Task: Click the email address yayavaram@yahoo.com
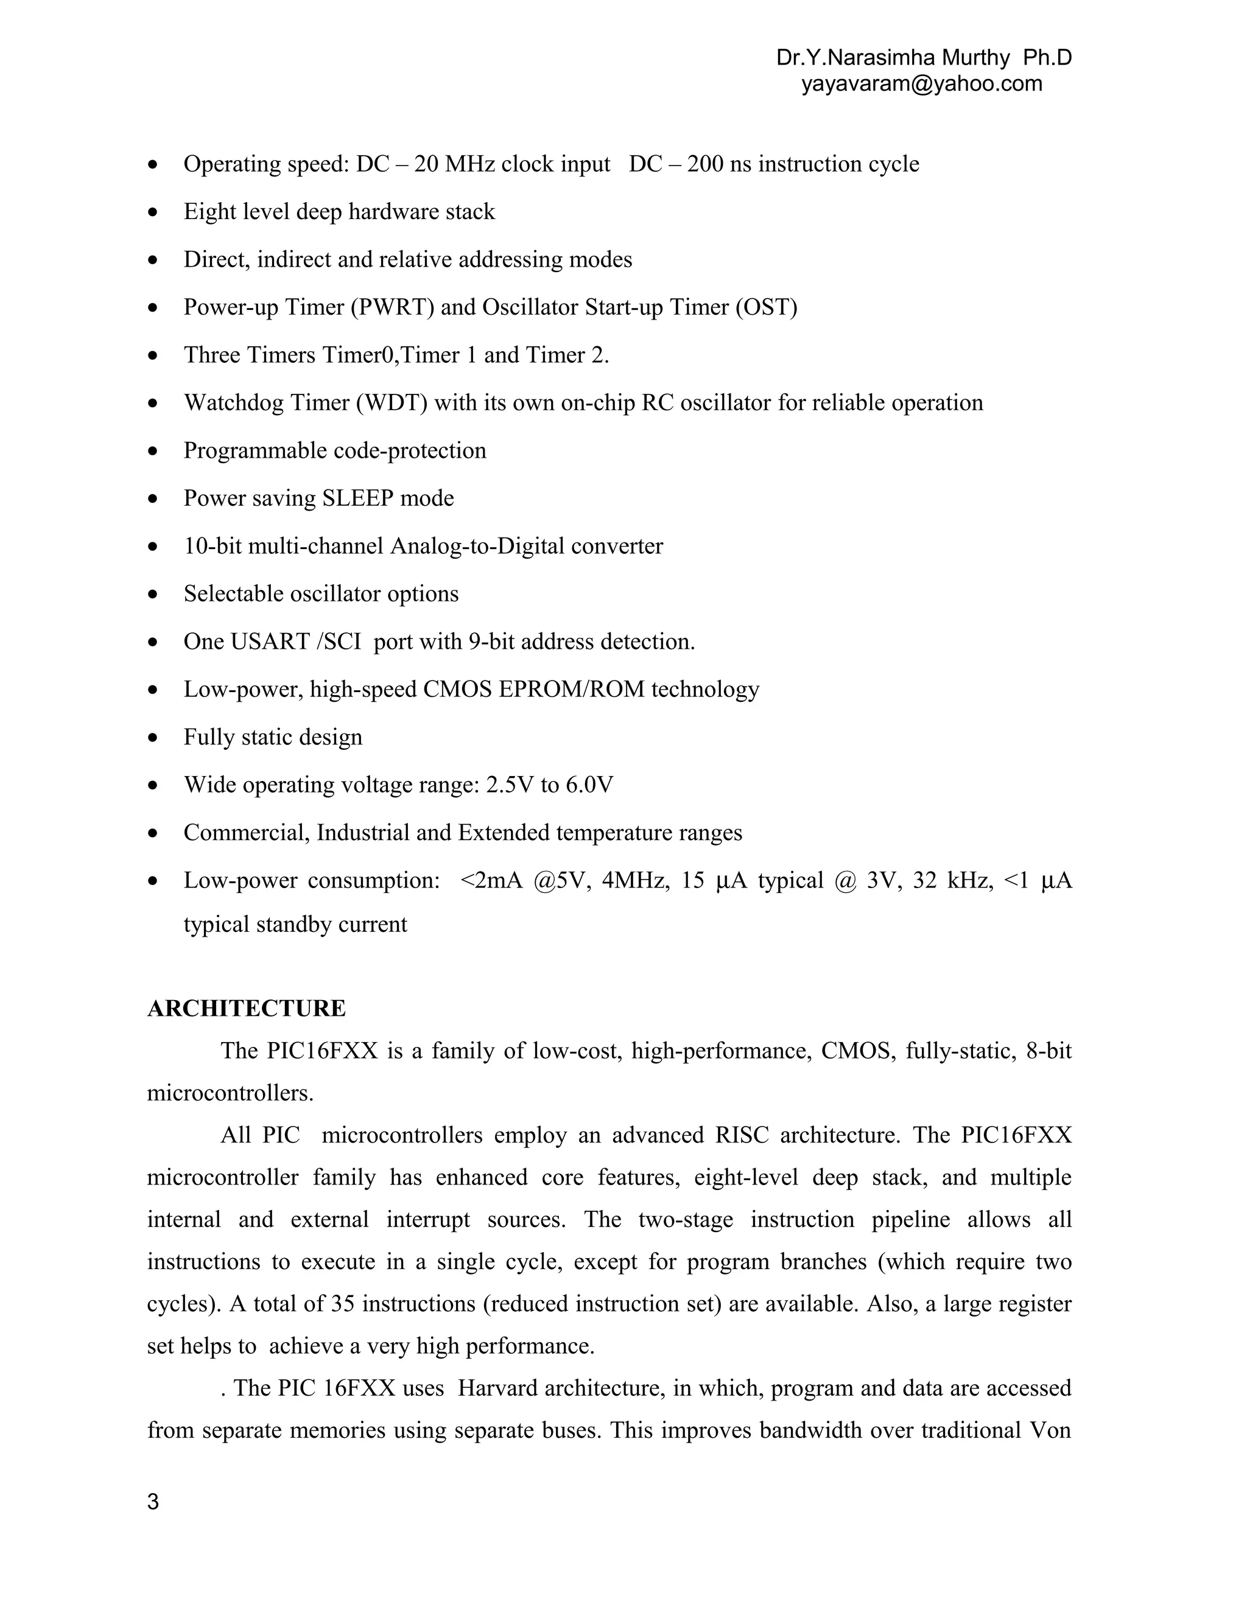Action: point(922,83)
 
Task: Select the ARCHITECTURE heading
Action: point(246,1008)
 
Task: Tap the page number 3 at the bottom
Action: point(153,1502)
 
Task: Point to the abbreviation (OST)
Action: point(766,307)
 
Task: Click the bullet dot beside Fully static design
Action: point(153,737)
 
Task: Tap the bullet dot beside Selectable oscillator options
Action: point(153,594)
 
